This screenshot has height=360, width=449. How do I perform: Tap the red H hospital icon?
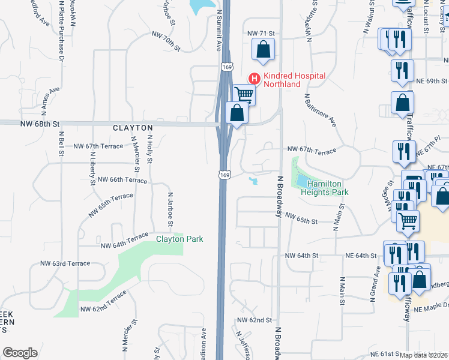(x=254, y=78)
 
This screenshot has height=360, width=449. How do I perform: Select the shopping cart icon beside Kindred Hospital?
(x=244, y=94)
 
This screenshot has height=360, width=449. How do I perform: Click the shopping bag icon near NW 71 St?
(x=264, y=50)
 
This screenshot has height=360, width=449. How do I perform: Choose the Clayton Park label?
(x=179, y=239)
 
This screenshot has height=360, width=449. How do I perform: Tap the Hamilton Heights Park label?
(x=328, y=187)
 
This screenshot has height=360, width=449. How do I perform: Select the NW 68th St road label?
(x=41, y=123)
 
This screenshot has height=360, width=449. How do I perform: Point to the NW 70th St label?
(x=166, y=41)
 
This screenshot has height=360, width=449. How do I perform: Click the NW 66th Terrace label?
(x=122, y=179)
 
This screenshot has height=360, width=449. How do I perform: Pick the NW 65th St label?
(x=301, y=221)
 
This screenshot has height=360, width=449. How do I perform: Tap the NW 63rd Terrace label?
(x=65, y=263)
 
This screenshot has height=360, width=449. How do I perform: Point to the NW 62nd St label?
(x=255, y=320)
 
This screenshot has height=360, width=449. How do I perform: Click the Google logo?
(x=20, y=353)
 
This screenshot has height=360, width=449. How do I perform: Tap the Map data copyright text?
(x=423, y=355)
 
